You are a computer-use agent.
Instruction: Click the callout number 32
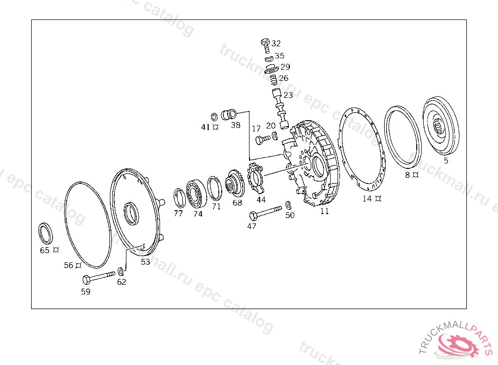[x=276, y=43]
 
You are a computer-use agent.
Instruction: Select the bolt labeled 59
[x=99, y=277]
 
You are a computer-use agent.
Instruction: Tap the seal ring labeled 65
[x=45, y=234]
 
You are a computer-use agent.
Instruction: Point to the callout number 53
[x=145, y=262]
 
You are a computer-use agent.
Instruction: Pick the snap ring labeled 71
[x=214, y=188]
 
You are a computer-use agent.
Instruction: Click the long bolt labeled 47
[x=266, y=213]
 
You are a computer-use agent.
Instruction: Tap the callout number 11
[x=324, y=211]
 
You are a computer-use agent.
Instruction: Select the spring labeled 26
[x=273, y=80]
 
